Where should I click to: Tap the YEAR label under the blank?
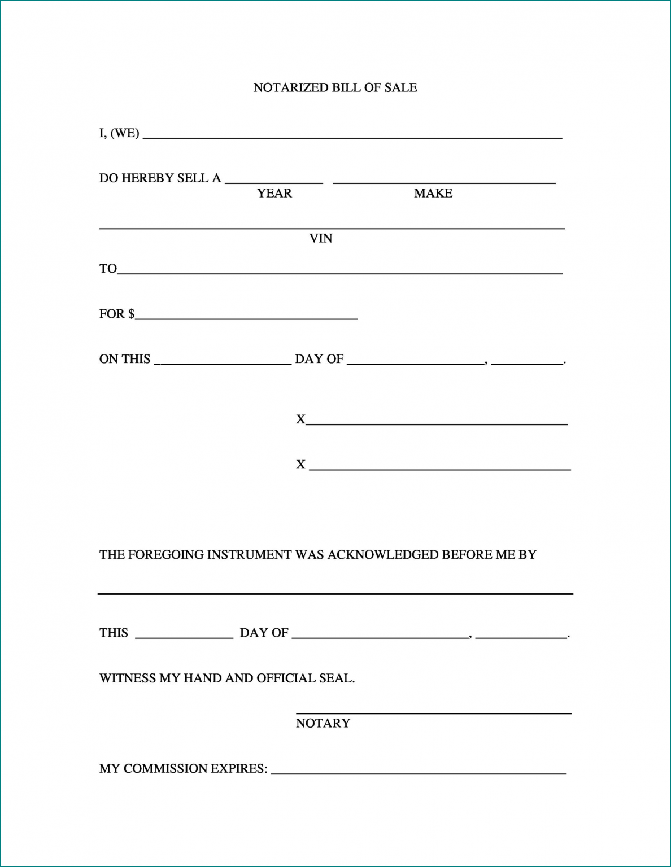274,193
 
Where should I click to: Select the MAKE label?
433,193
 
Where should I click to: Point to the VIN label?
321,238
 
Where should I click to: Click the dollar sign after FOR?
132,314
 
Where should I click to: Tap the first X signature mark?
300,419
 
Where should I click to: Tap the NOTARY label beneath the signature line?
323,723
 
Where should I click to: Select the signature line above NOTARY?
433,712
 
